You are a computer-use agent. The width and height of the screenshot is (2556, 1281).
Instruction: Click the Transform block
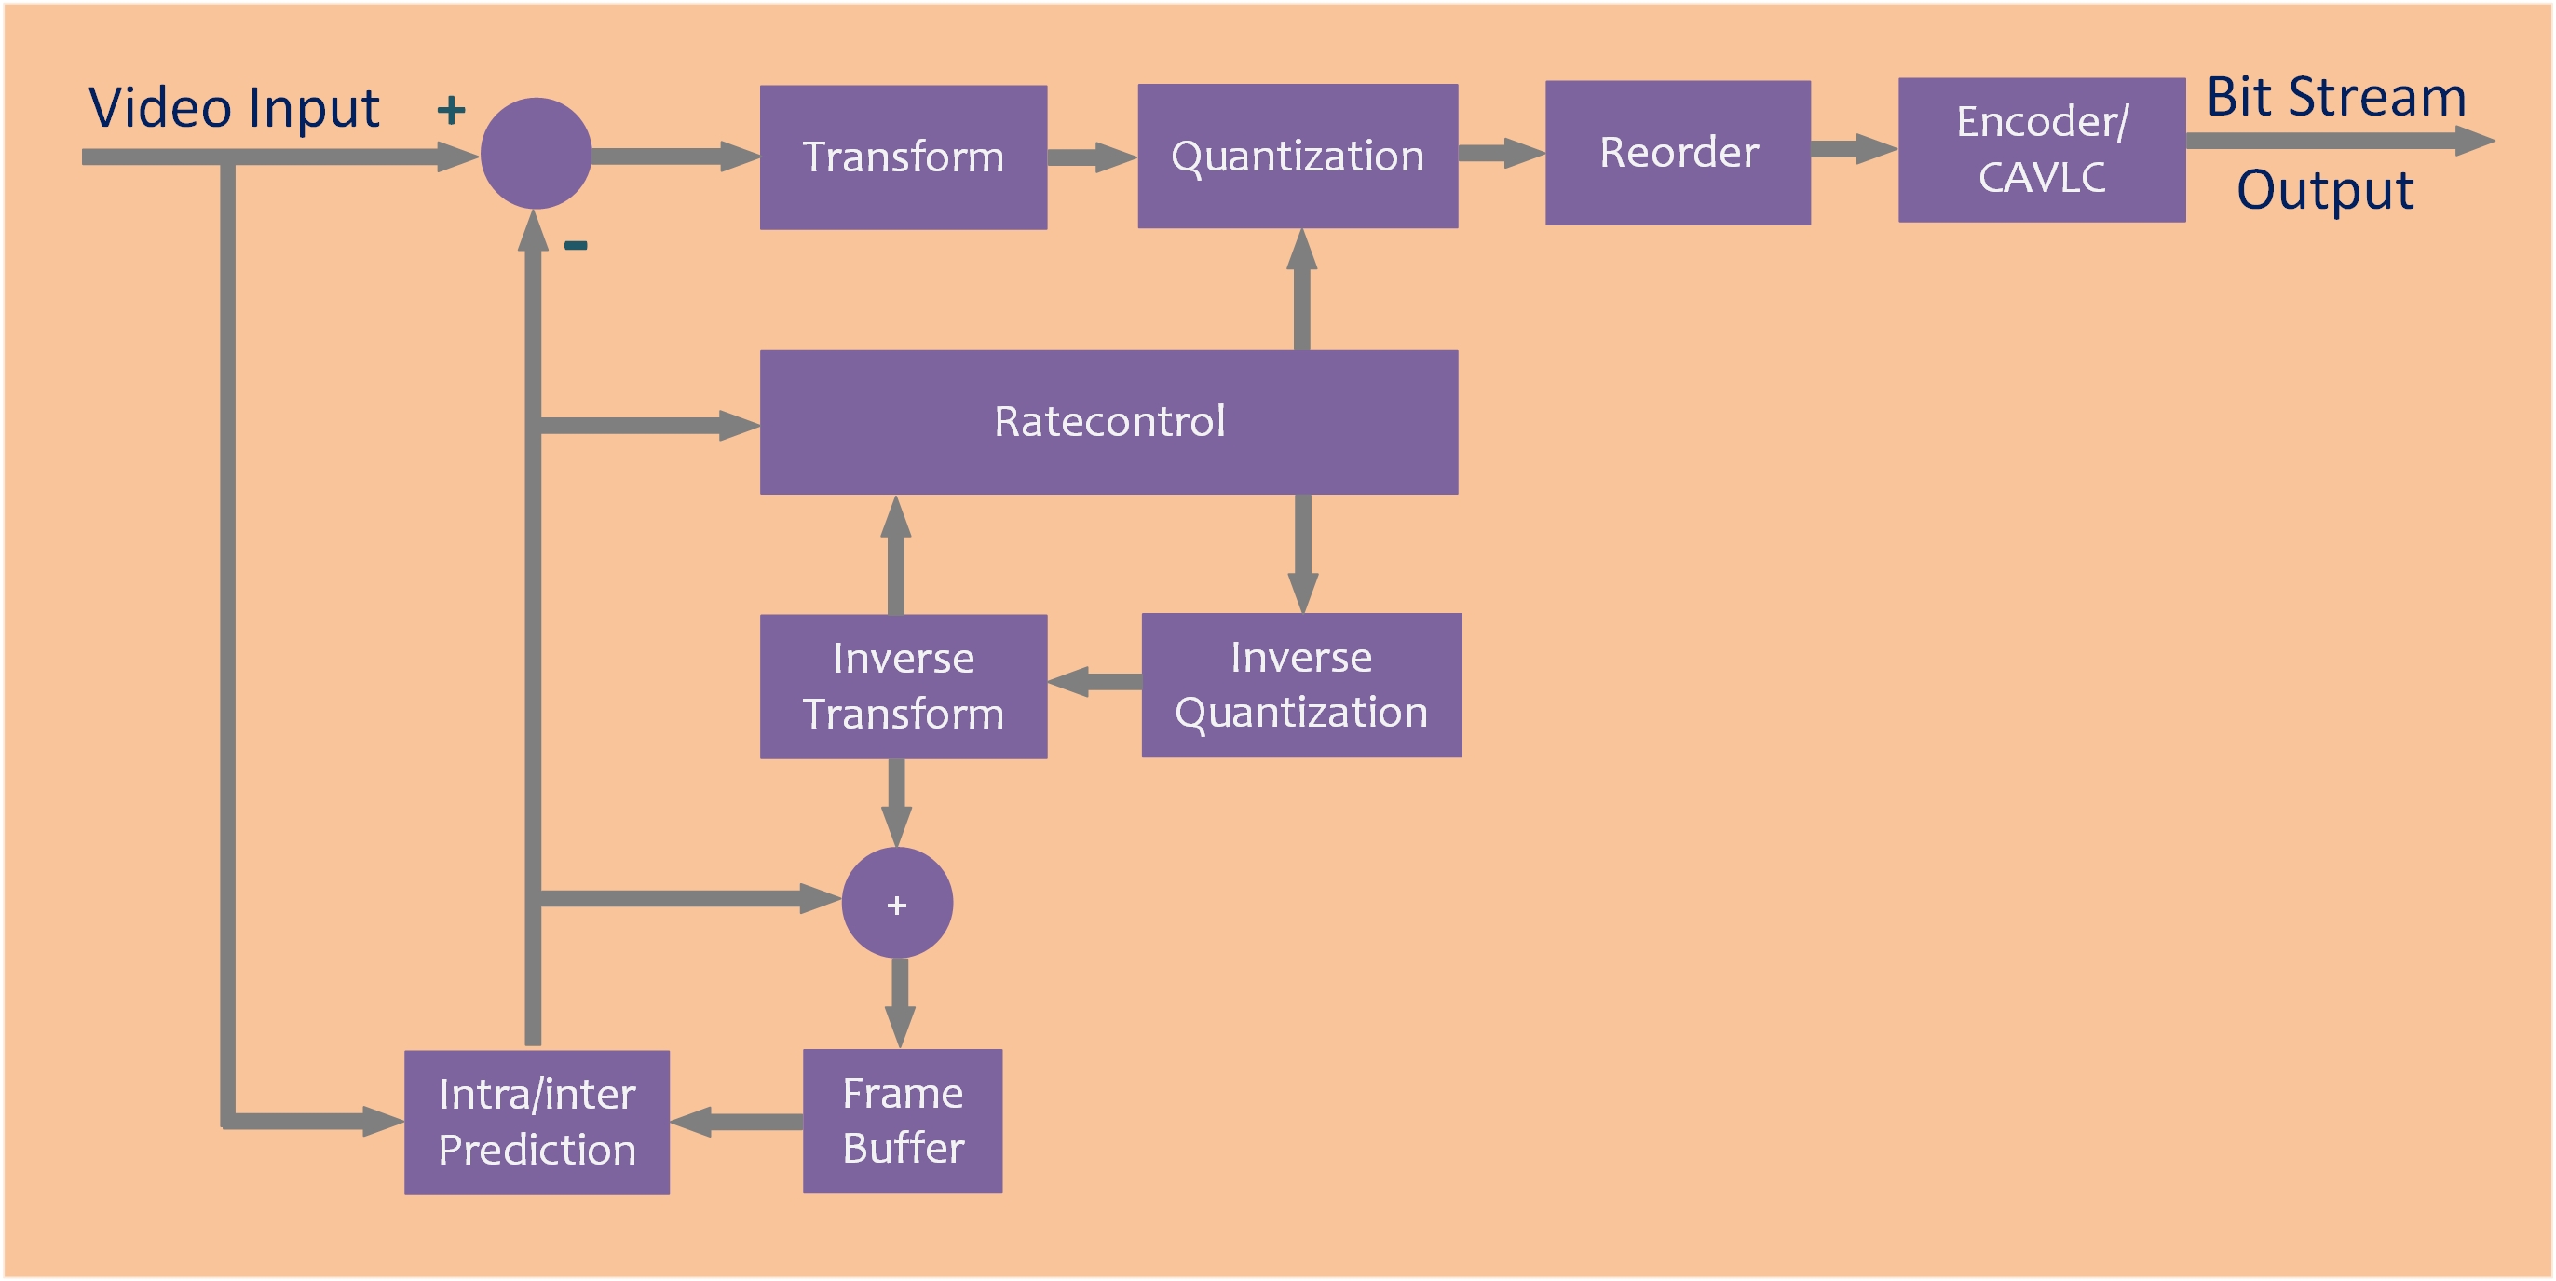click(903, 157)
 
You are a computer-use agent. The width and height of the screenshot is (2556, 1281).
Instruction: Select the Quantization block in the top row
click(1297, 156)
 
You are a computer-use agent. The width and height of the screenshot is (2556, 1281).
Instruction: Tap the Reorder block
click(1678, 153)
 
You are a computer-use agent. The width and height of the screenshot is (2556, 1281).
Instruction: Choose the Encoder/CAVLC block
click(2041, 150)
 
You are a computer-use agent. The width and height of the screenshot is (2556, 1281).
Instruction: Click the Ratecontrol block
click(1108, 422)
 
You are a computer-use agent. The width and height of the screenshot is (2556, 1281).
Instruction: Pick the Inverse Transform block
click(903, 686)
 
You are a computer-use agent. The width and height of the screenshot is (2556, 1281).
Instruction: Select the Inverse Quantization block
click(1300, 685)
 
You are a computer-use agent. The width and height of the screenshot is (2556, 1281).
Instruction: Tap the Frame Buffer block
click(902, 1120)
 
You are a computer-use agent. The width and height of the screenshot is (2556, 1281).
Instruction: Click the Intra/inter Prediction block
click(537, 1123)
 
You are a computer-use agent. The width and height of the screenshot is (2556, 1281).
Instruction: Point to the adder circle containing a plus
click(897, 903)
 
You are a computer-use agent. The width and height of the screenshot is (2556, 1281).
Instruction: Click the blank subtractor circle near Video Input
click(536, 153)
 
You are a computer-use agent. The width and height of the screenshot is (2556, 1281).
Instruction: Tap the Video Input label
click(234, 107)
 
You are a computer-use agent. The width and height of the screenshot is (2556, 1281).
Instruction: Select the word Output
click(2324, 189)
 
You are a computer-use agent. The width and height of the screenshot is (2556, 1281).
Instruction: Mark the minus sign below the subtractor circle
click(576, 245)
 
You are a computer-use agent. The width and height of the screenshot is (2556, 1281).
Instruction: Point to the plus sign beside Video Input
click(452, 109)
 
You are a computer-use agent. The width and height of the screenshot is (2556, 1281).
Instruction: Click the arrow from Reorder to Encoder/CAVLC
click(1854, 149)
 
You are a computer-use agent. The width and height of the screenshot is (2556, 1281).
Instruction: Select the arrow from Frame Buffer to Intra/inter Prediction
click(736, 1122)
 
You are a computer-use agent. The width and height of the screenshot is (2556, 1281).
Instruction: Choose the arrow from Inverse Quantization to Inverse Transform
click(1094, 682)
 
